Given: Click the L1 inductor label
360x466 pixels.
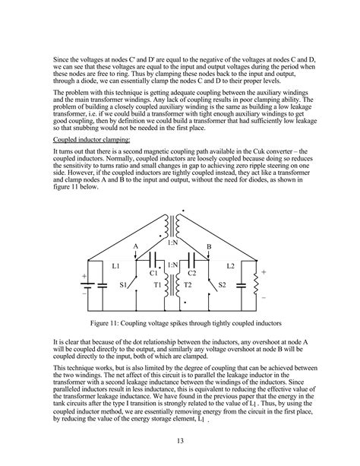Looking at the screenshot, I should click(115, 267).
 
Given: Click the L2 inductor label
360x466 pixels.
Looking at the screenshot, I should click(232, 267).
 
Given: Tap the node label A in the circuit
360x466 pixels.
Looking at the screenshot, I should click(135, 247).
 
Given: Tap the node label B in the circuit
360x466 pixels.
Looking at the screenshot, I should click(209, 247).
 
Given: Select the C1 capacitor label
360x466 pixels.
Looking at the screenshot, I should click(153, 271).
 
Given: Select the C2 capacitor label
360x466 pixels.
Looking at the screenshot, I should click(192, 271).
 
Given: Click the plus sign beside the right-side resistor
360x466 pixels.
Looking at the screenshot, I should click(264, 270).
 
